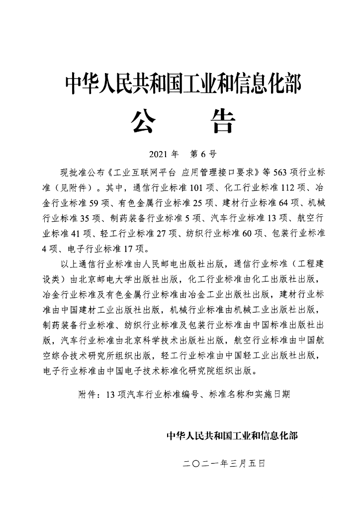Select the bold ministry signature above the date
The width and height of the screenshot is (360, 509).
233,436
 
